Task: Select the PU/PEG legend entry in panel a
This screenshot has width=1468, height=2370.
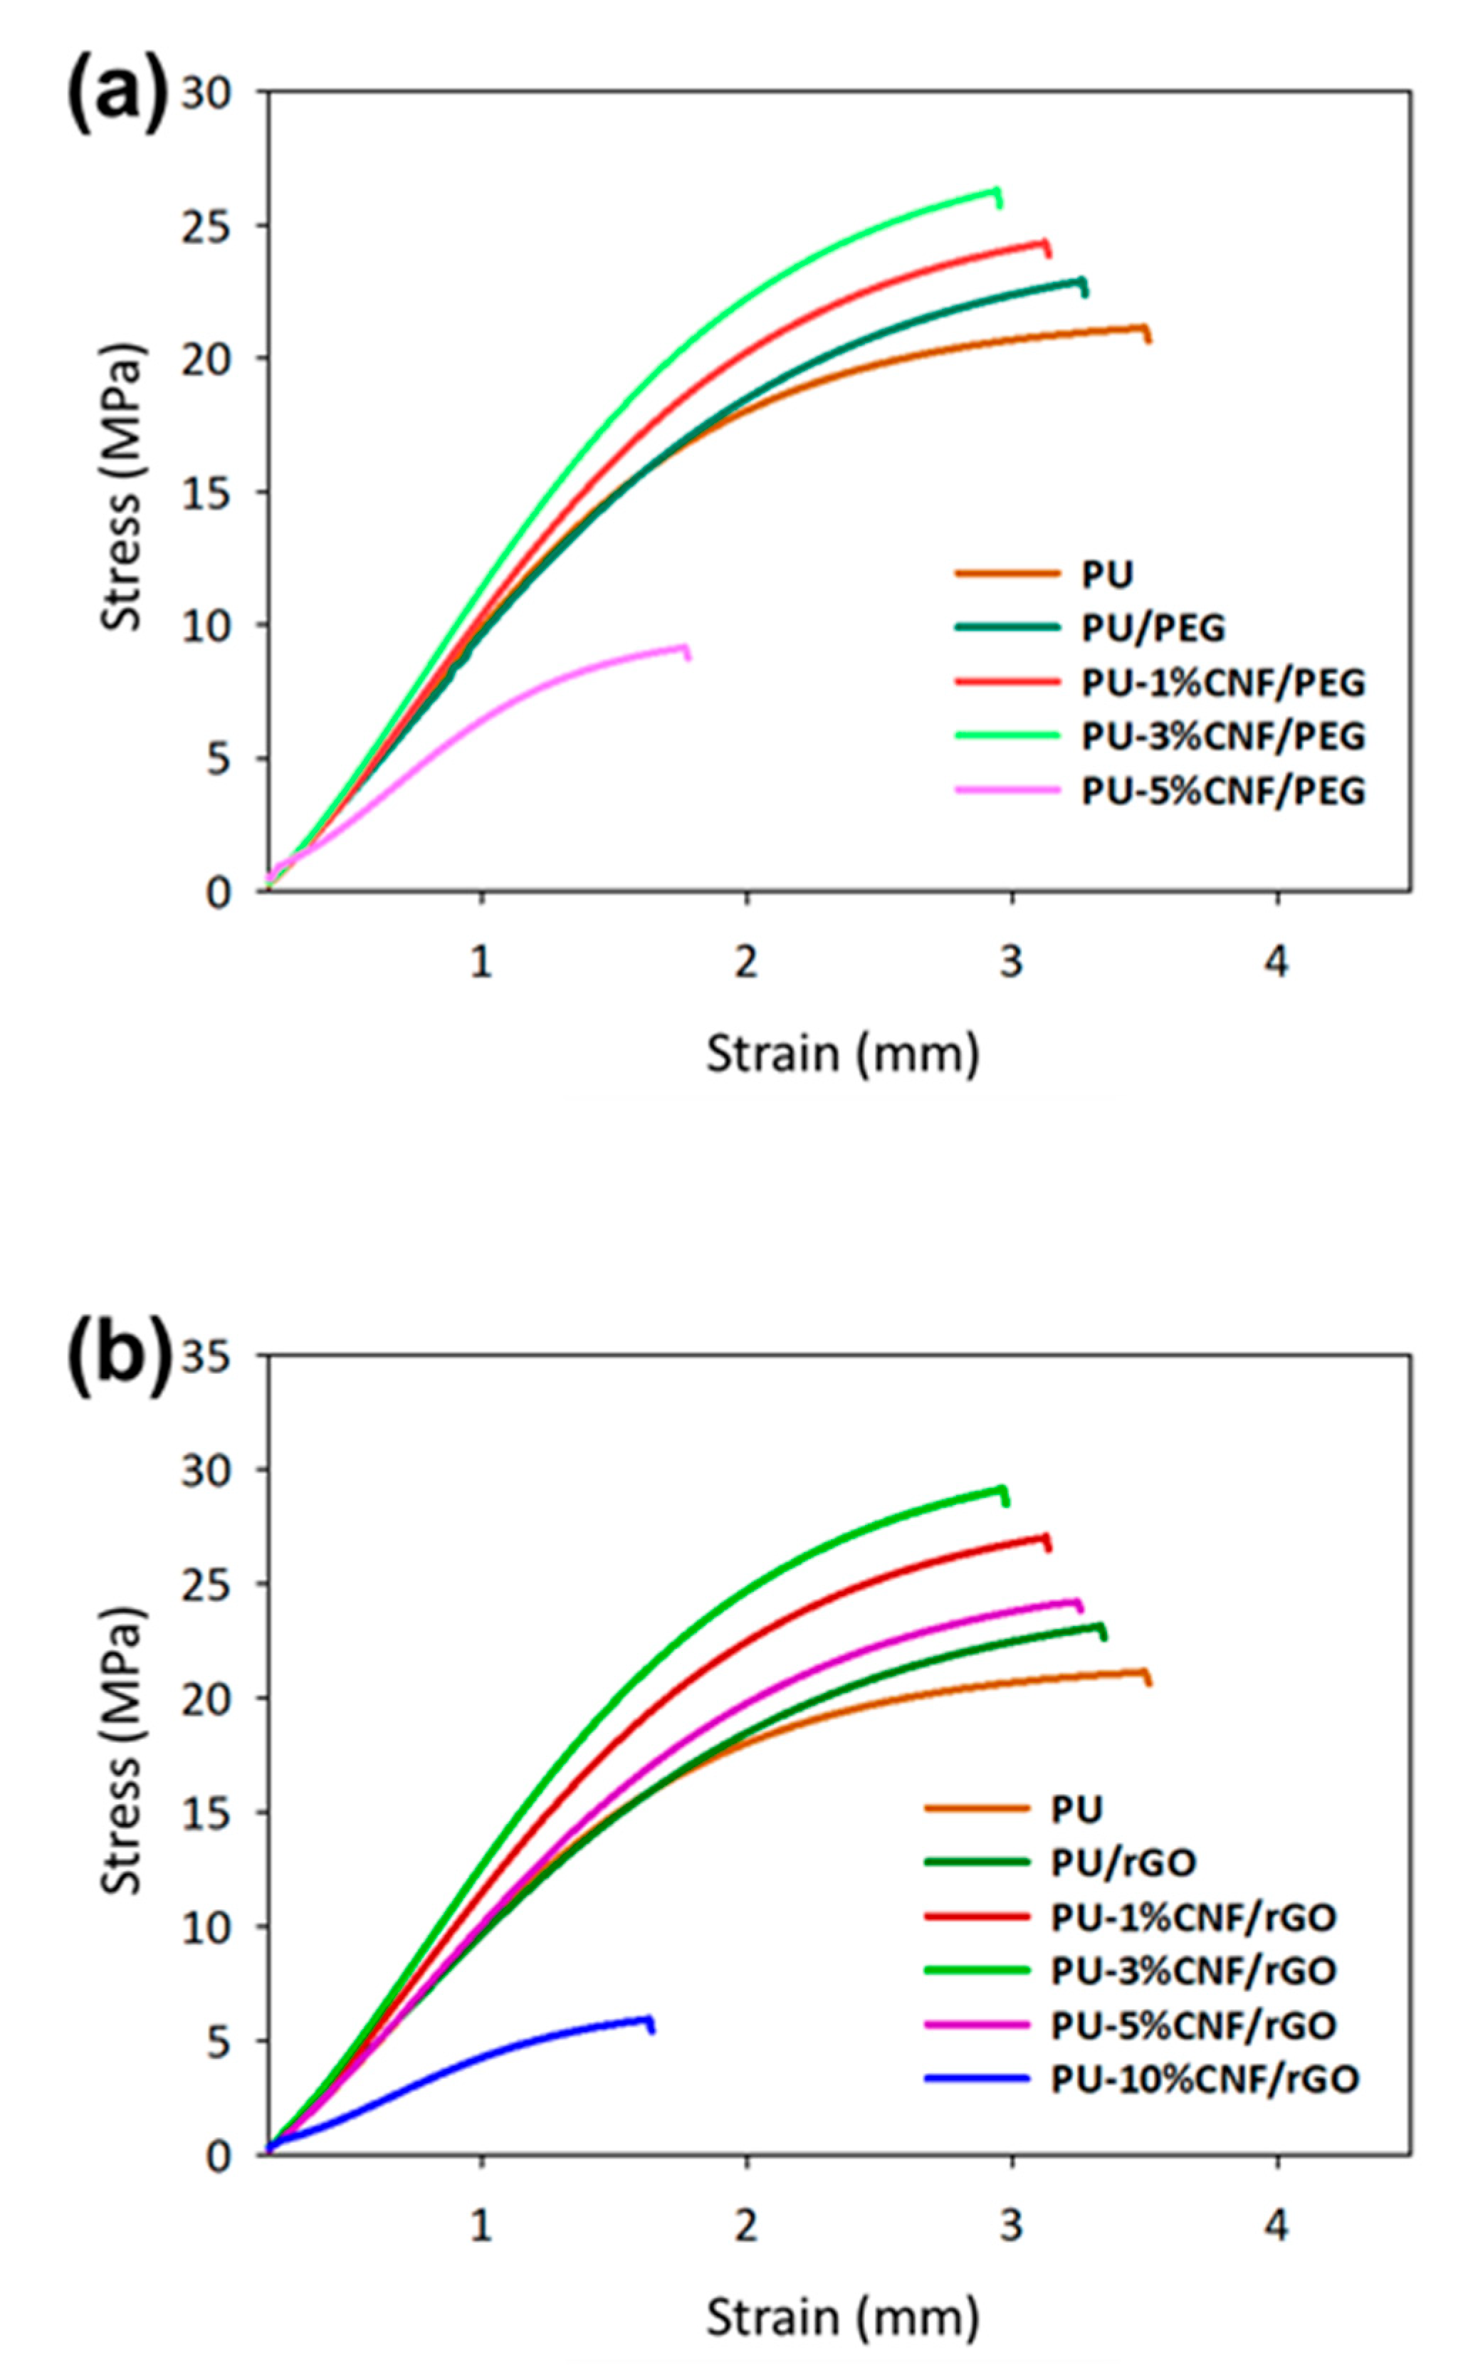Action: pyautogui.click(x=1153, y=628)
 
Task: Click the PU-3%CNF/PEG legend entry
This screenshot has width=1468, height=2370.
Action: pyautogui.click(x=1223, y=736)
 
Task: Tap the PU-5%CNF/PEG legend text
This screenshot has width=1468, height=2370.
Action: pyautogui.click(x=1223, y=790)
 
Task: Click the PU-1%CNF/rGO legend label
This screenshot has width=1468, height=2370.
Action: pyautogui.click(x=1193, y=1916)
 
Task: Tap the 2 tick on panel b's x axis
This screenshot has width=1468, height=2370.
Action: pyautogui.click(x=745, y=2223)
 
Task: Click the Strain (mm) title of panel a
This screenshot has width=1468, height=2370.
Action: pyautogui.click(x=842, y=1054)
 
